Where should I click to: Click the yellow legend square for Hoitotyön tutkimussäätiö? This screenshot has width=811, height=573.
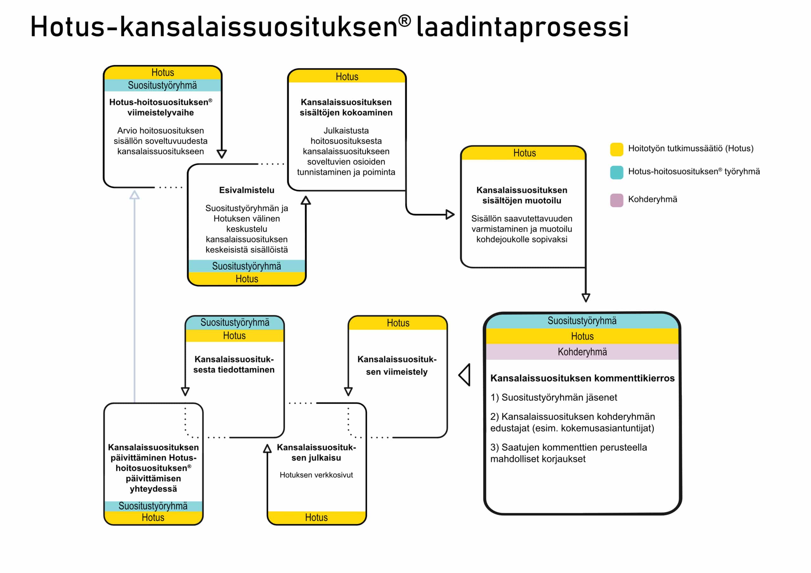click(x=616, y=149)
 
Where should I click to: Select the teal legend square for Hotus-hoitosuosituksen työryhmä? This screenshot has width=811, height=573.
click(x=616, y=172)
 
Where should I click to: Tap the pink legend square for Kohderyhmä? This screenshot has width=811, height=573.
click(x=616, y=200)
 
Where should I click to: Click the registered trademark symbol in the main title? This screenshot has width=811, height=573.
click(x=405, y=21)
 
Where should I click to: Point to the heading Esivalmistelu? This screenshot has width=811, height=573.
click(x=246, y=190)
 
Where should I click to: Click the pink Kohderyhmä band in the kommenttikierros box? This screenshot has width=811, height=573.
click(x=582, y=352)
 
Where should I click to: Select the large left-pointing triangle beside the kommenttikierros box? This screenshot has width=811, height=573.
click(x=465, y=375)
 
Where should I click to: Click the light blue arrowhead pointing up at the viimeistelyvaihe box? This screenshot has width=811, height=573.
click(x=134, y=195)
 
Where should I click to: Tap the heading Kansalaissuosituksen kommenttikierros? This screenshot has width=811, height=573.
click(x=582, y=378)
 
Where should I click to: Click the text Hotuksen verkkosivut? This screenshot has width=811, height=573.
click(x=316, y=475)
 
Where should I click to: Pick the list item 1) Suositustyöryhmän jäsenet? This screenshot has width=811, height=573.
click(x=553, y=397)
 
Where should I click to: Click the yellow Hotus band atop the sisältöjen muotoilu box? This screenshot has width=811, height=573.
click(x=524, y=153)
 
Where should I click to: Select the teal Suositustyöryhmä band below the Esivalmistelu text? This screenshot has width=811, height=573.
click(x=246, y=266)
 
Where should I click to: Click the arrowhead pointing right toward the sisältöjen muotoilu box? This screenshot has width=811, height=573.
click(x=450, y=214)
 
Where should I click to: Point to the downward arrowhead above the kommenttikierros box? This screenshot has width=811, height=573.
click(x=586, y=297)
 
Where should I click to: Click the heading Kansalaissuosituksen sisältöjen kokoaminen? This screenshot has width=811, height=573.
click(x=346, y=107)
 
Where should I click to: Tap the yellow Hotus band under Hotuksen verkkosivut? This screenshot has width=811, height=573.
click(x=316, y=517)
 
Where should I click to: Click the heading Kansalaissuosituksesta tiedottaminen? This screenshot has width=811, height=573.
click(x=234, y=364)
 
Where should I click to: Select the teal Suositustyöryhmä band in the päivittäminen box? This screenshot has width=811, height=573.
click(x=153, y=506)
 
